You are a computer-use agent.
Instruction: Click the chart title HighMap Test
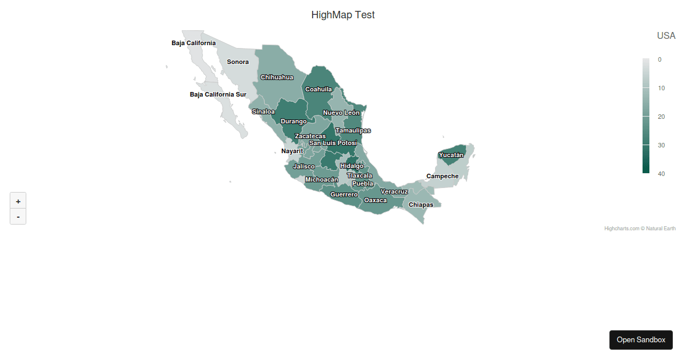[343, 15]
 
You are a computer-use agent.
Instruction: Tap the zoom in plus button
[18, 201]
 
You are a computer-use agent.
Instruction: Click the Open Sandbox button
[641, 339]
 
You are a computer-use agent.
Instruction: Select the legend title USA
[666, 35]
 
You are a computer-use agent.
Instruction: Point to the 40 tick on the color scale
[661, 174]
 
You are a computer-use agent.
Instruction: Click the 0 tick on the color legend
[659, 59]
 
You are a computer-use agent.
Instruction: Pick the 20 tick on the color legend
[661, 117]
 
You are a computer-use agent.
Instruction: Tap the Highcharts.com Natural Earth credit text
[640, 229]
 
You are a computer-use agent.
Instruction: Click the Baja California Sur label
[218, 94]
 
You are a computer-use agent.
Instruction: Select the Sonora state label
[238, 62]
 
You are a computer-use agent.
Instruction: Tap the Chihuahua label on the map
[277, 77]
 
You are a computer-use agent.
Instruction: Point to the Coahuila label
[318, 89]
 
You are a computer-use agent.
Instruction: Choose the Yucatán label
[451, 155]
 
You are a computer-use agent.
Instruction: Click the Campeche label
[442, 176]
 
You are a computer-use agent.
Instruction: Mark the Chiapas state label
[421, 205]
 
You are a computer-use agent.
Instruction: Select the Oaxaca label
[376, 200]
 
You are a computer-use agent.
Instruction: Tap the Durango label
[293, 121]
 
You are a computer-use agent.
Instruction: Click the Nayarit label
[292, 151]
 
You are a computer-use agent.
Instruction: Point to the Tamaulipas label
[353, 130]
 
